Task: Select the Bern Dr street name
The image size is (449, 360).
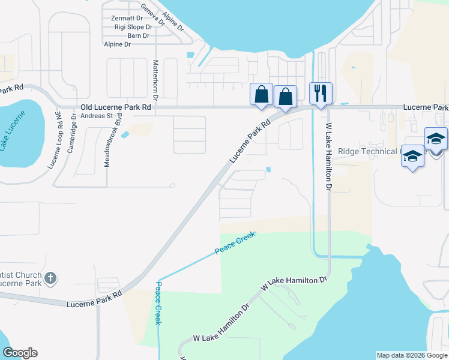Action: (x=138, y=36)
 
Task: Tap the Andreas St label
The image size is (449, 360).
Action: (x=97, y=115)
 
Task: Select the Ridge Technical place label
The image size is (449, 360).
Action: (x=369, y=152)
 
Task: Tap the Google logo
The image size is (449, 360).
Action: (x=19, y=353)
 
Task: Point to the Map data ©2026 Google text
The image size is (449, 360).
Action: (x=411, y=355)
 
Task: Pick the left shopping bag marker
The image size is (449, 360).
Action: (x=261, y=94)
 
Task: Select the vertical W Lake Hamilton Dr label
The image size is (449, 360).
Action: (x=328, y=157)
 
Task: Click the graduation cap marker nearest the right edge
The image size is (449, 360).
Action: (x=436, y=139)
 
